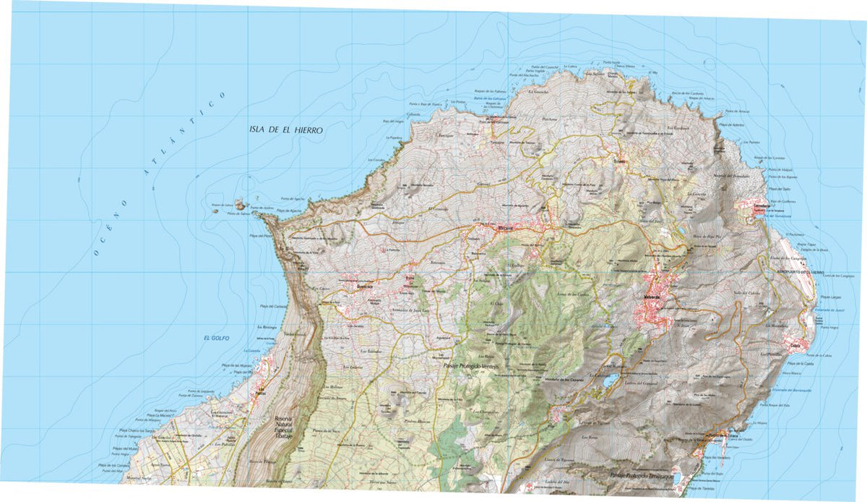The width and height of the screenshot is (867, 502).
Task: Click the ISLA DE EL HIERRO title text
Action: tap(284, 130)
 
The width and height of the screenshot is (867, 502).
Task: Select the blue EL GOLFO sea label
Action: tap(216, 338)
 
